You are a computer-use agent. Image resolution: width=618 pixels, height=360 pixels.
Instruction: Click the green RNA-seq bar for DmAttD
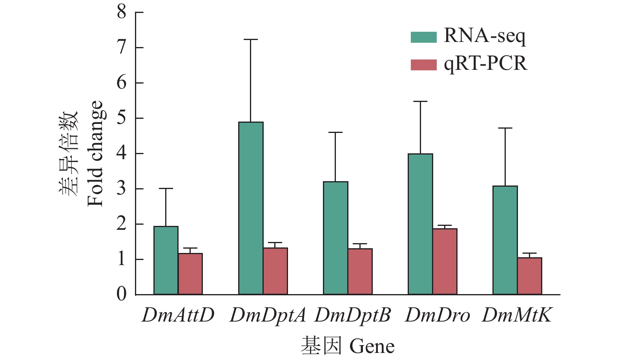click(166, 260)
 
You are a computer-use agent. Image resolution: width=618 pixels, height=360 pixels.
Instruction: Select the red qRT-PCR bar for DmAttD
click(190, 274)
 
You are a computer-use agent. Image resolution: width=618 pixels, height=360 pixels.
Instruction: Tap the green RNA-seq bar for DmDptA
click(251, 208)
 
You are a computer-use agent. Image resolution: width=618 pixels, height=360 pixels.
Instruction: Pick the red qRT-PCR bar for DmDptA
click(275, 271)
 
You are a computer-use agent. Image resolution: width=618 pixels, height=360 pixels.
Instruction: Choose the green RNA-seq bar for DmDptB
click(335, 238)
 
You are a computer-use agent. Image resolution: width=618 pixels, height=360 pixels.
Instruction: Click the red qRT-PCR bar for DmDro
click(445, 262)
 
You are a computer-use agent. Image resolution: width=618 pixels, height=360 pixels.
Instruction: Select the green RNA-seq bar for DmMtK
click(505, 240)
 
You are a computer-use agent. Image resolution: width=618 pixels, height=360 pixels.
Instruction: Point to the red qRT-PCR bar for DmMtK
click(530, 276)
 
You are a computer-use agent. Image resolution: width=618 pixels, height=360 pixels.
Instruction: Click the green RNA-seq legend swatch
click(423, 37)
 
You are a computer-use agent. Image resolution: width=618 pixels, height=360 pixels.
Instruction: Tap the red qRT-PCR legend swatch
click(423, 65)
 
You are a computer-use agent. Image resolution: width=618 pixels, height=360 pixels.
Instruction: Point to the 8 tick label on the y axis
click(122, 12)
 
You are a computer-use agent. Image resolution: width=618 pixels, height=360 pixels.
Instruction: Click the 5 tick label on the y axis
click(122, 118)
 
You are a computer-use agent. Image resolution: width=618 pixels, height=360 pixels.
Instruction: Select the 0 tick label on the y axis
click(122, 294)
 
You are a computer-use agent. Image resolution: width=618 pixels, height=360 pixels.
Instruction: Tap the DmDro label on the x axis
click(437, 315)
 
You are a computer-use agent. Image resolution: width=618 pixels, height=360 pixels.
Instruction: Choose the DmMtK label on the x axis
click(517, 315)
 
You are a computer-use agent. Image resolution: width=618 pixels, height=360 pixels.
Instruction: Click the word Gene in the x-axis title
click(372, 346)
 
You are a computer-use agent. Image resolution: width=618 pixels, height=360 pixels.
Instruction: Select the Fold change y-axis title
click(95, 153)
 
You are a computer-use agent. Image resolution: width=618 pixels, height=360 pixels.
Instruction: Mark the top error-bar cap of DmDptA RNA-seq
click(251, 40)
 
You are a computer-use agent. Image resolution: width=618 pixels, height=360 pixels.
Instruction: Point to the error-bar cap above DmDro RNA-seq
click(420, 102)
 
